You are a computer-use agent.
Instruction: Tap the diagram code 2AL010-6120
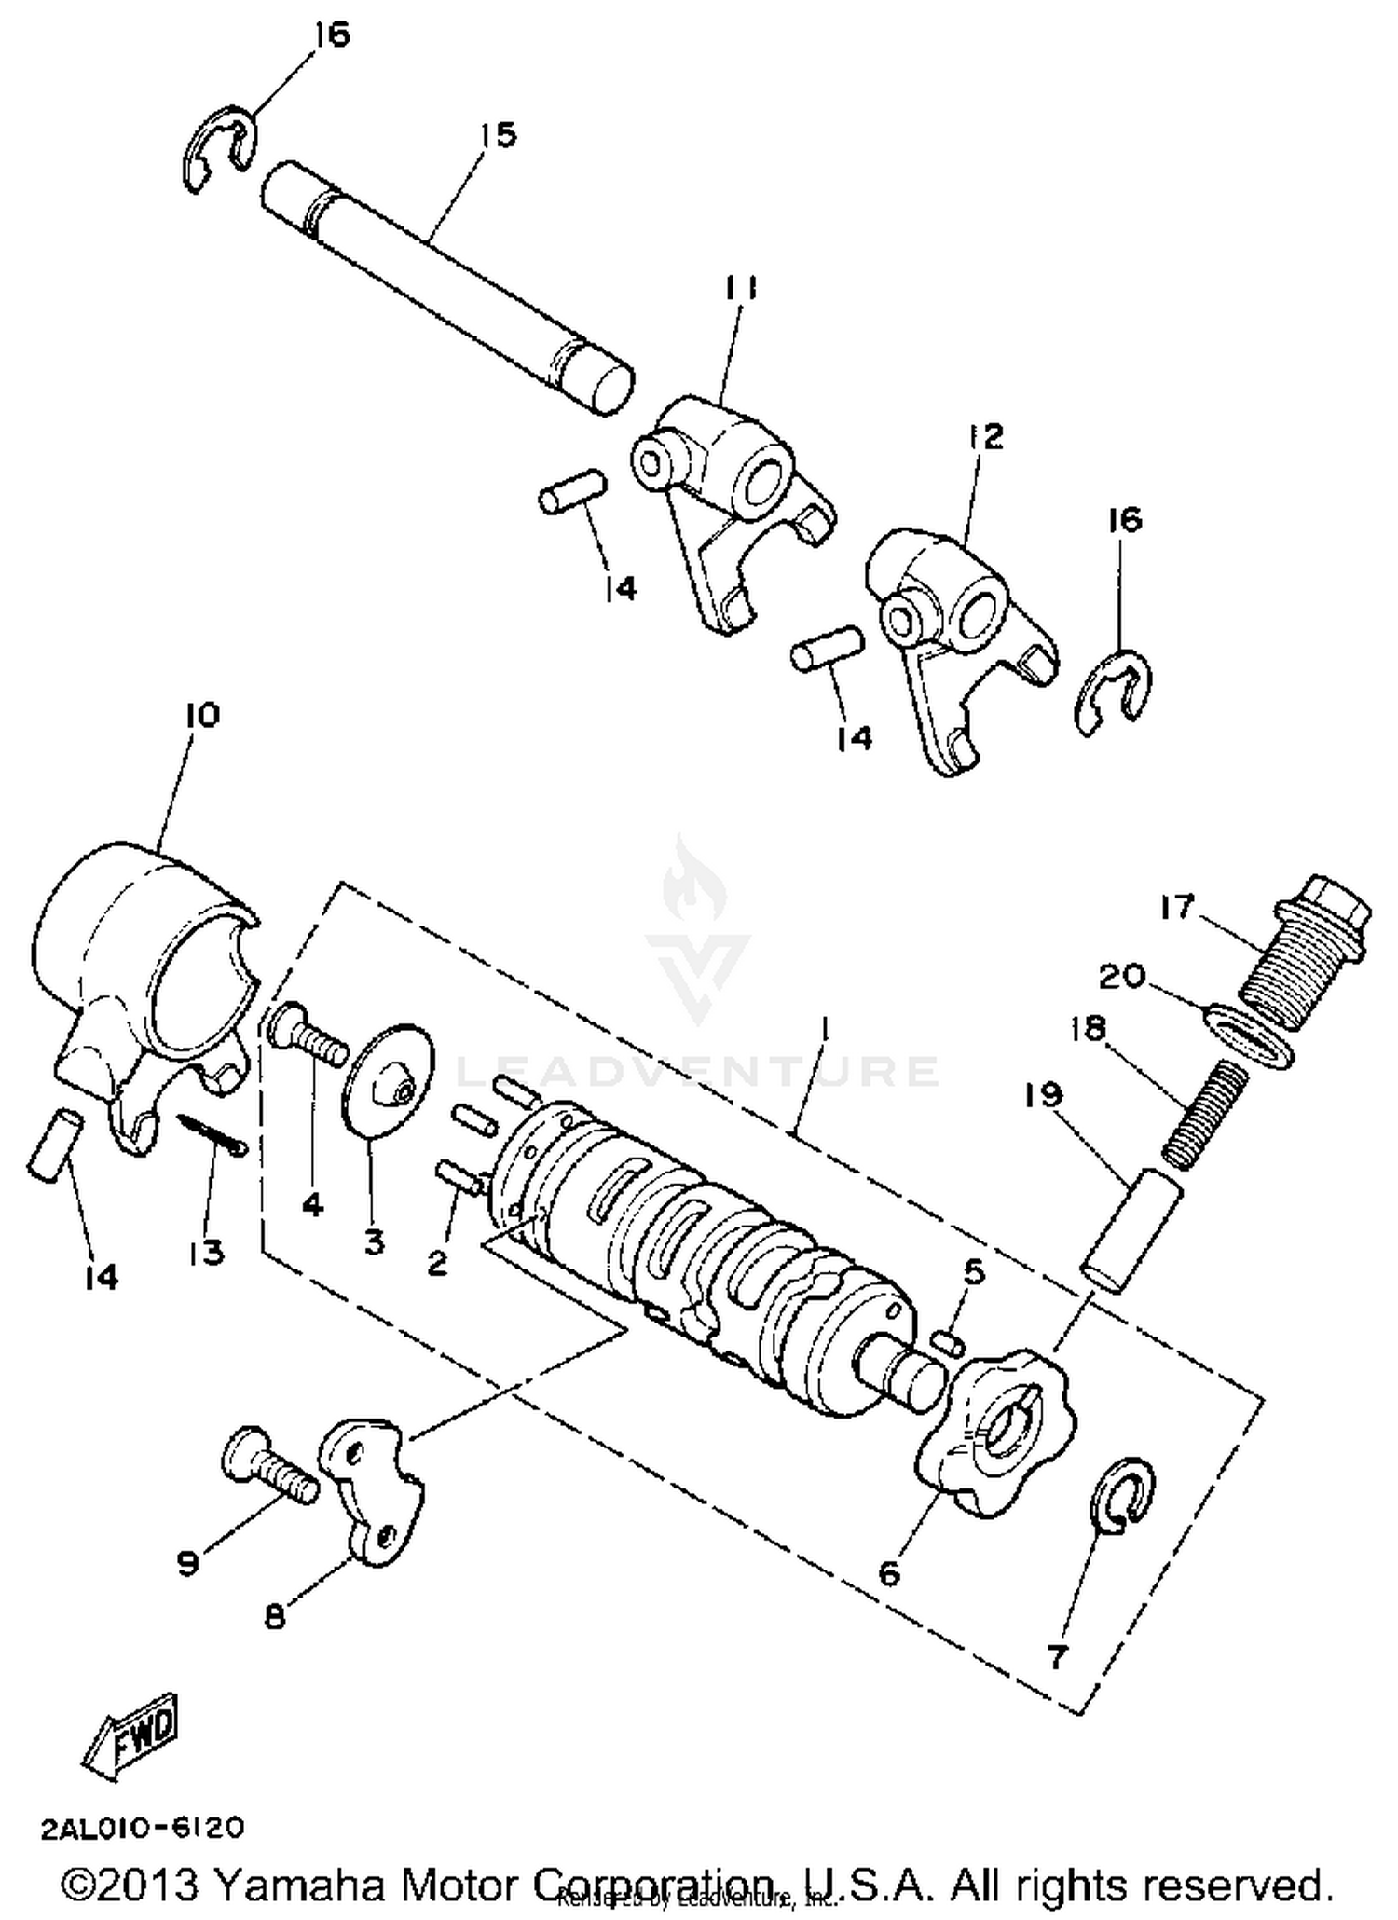coord(143,1829)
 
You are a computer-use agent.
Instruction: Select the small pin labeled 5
coord(947,1342)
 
